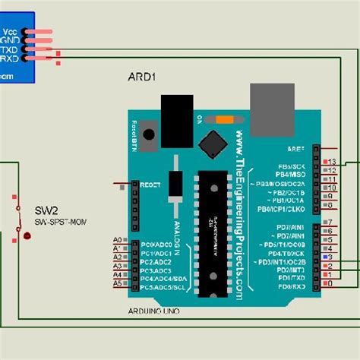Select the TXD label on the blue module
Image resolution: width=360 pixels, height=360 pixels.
pyautogui.click(x=10, y=49)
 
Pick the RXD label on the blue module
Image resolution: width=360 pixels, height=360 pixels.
pyautogui.click(x=10, y=57)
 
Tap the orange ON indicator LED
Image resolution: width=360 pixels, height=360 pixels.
pyautogui.click(x=224, y=118)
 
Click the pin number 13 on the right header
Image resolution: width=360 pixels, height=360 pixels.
pyautogui.click(x=333, y=162)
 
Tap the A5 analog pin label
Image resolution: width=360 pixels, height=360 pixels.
pyautogui.click(x=117, y=283)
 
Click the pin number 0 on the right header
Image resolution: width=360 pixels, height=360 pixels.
pyautogui.click(x=329, y=283)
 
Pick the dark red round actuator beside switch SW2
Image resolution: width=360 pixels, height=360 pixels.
pyautogui.click(x=27, y=237)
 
